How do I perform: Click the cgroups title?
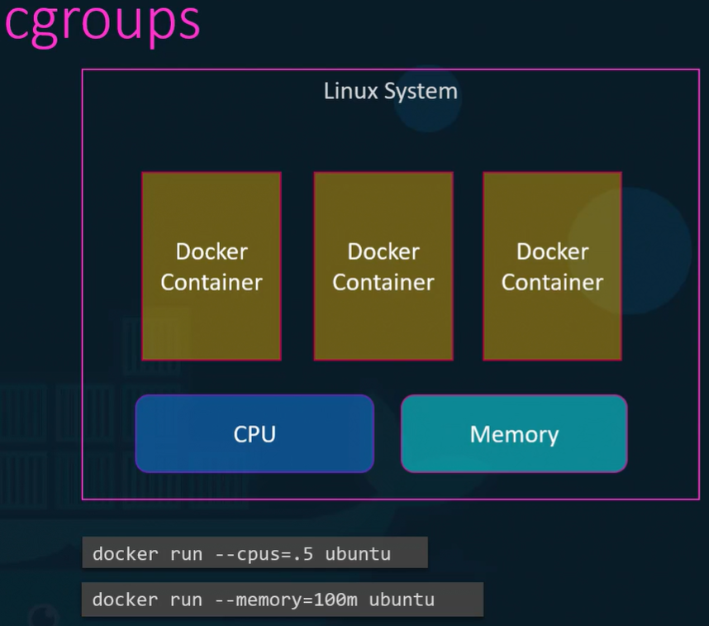tap(102, 23)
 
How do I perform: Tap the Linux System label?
tap(391, 92)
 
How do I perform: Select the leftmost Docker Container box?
tap(212, 266)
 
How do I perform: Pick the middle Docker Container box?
tap(383, 266)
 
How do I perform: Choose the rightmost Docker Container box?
tap(553, 266)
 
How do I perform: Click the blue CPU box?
tap(255, 433)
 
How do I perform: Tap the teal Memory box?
tap(514, 433)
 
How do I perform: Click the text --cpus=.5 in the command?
tap(264, 554)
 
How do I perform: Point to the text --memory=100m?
tap(286, 600)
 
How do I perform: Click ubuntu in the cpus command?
tap(358, 554)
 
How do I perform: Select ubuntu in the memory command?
tap(402, 600)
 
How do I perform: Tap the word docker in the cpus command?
tap(126, 554)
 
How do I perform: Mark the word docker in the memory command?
tap(126, 600)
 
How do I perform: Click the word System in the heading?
tap(421, 92)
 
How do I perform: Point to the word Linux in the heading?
tap(351, 91)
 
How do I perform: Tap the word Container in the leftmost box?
tap(212, 283)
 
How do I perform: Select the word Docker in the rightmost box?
tap(553, 251)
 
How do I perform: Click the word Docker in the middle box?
tap(383, 251)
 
